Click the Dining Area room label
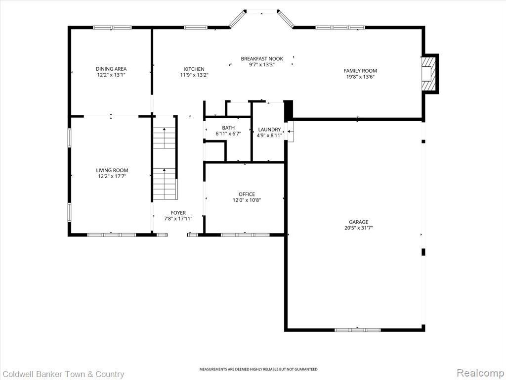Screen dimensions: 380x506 pyautogui.click(x=111, y=69)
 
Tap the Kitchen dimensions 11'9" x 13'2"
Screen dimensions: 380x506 pyautogui.click(x=194, y=76)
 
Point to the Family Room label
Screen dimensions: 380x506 pyautogui.click(x=360, y=71)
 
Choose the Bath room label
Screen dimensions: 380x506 pyautogui.click(x=228, y=128)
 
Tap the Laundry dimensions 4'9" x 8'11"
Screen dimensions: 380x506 pyautogui.click(x=269, y=136)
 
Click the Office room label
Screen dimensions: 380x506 pyautogui.click(x=247, y=194)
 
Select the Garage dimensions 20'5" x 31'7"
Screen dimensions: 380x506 pyautogui.click(x=359, y=228)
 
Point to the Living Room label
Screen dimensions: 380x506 pyautogui.click(x=112, y=170)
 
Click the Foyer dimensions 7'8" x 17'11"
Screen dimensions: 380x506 pyautogui.click(x=178, y=219)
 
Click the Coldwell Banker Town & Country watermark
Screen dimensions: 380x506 pyautogui.click(x=63, y=374)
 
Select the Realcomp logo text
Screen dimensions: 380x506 pyautogui.click(x=479, y=373)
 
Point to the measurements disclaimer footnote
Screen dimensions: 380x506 pyautogui.click(x=258, y=369)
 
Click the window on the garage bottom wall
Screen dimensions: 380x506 pyautogui.click(x=357, y=330)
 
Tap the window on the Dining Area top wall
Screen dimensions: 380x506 pyautogui.click(x=112, y=28)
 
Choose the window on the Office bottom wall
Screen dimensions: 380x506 pyautogui.click(x=244, y=235)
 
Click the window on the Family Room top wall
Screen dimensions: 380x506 pyautogui.click(x=340, y=28)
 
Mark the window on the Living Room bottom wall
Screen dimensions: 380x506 pyautogui.click(x=111, y=235)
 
